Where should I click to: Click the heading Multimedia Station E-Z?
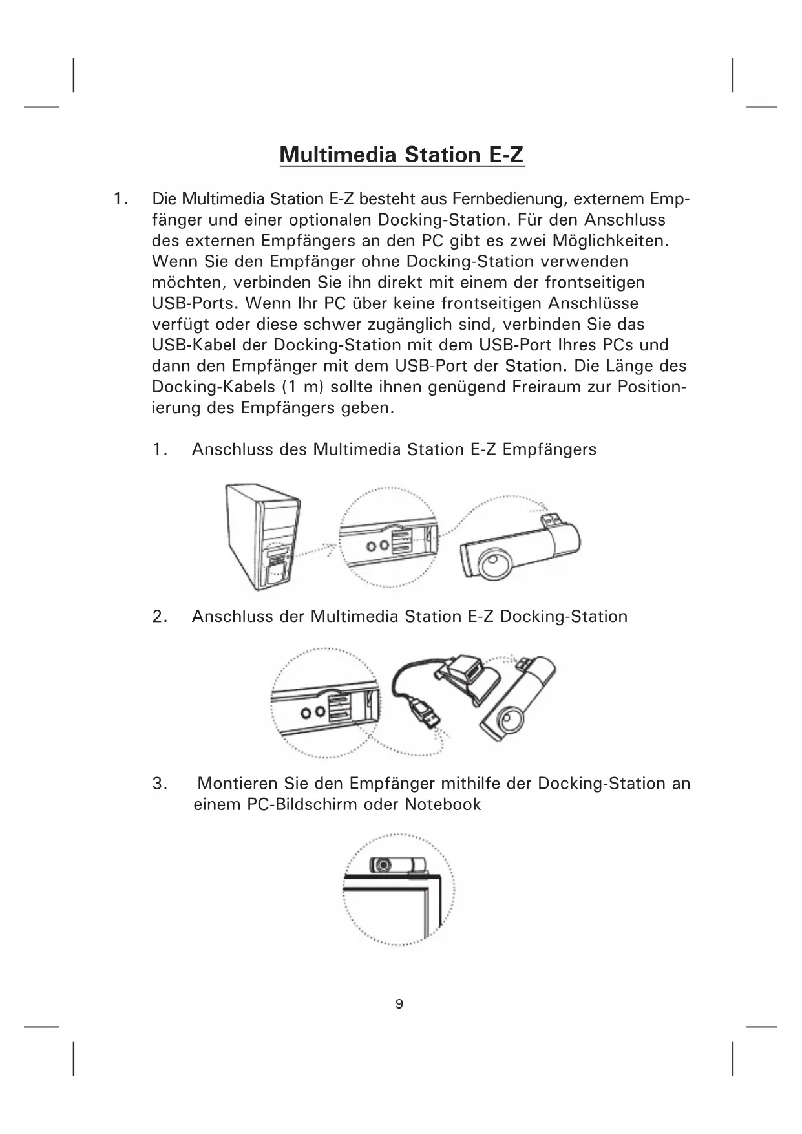point(401,155)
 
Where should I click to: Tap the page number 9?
point(399,1004)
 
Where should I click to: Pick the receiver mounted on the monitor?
point(396,864)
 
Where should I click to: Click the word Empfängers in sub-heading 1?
point(549,449)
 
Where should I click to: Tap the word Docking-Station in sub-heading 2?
point(564,616)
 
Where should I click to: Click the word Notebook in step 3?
point(443,804)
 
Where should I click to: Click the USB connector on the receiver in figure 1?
point(551,517)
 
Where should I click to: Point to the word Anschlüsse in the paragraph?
point(593,303)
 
